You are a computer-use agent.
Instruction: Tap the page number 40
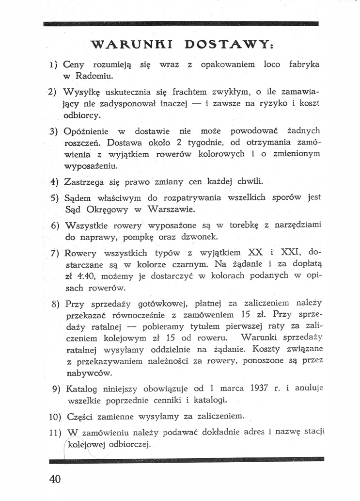(x=55, y=479)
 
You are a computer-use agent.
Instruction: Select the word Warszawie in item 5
(x=172, y=210)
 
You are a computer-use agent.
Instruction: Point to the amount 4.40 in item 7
(x=89, y=276)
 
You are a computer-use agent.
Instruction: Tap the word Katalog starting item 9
(x=79, y=388)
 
